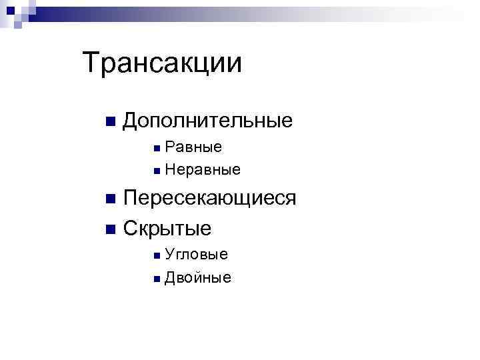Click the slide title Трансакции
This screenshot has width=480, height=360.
click(162, 63)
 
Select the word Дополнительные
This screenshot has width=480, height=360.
click(208, 121)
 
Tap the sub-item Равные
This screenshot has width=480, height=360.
click(194, 147)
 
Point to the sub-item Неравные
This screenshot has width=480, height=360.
click(203, 171)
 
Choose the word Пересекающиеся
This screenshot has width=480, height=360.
click(210, 198)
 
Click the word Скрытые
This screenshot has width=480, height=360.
click(167, 229)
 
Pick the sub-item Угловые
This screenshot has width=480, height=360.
click(197, 254)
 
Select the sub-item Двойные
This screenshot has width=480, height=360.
click(198, 278)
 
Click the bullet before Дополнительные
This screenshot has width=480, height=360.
click(110, 122)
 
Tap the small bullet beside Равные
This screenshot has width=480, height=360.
click(155, 147)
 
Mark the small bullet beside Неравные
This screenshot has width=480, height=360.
click(155, 171)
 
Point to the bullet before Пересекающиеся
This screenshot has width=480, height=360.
click(110, 199)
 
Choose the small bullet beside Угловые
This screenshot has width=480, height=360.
click(155, 255)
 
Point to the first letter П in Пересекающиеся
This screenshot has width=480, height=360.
click(131, 198)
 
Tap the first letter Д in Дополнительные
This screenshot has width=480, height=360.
click(132, 121)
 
